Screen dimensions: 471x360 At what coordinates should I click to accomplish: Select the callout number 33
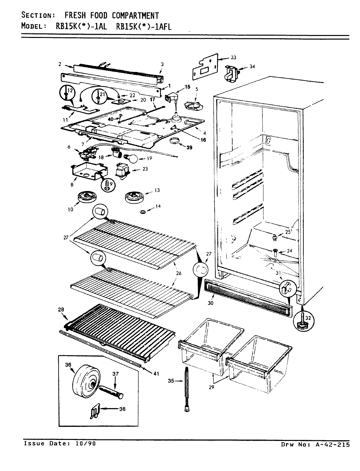point(233,58)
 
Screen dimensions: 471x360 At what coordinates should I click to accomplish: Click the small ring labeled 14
point(143,213)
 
